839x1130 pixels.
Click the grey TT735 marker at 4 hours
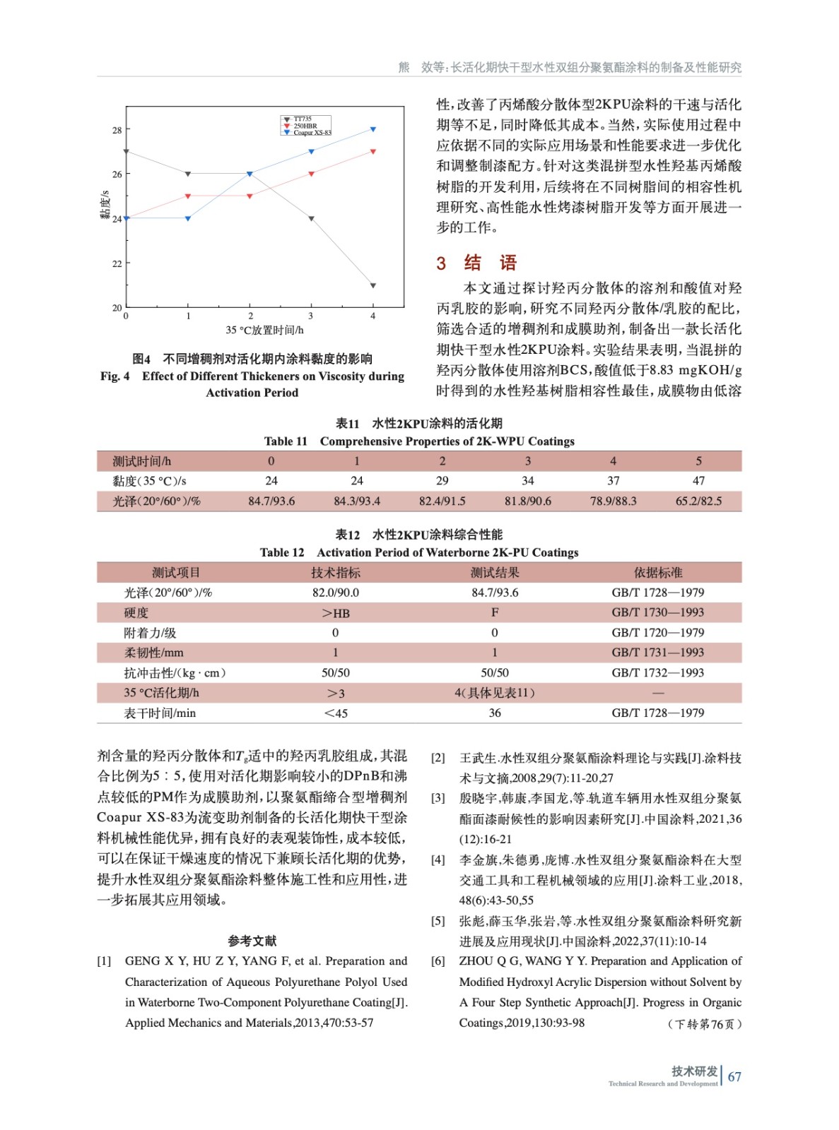pos(372,286)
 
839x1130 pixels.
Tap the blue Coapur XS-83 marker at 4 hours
pos(372,129)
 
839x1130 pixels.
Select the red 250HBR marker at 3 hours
pos(311,174)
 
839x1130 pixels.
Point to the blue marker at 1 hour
pos(188,218)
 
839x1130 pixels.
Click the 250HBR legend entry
pos(305,126)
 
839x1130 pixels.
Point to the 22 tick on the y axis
pos(117,263)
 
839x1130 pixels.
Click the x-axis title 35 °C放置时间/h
pos(264,330)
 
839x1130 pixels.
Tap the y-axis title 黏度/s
pos(105,205)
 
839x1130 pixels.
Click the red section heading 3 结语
pos(477,263)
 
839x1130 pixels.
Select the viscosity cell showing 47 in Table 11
pos(698,481)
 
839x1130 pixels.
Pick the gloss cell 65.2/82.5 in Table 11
pos(698,501)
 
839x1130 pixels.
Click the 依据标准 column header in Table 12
pos(658,573)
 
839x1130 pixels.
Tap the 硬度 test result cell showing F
pos(495,612)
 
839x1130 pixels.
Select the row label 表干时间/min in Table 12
pos(160,713)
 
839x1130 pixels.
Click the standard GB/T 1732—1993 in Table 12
pos(658,673)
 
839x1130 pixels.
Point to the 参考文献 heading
pos(252,941)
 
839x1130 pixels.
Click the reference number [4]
pos(438,860)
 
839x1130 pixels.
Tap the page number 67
pos(734,1077)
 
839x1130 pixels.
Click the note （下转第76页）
pos(704,1024)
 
